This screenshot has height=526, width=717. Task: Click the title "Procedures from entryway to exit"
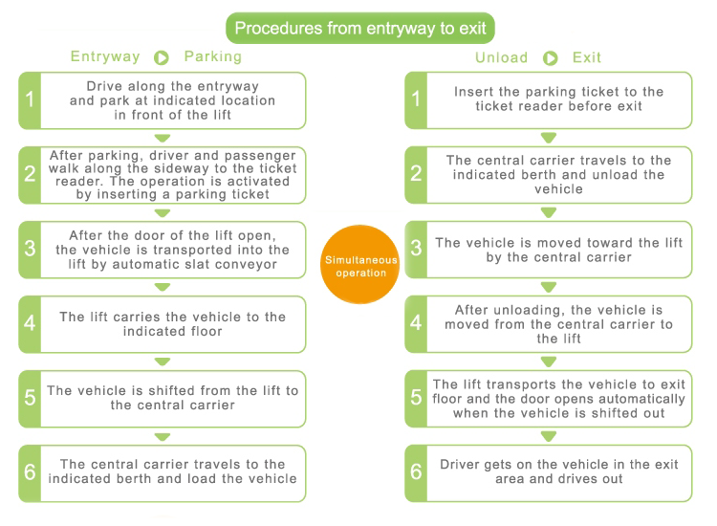360,29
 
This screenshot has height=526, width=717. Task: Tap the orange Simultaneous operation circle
359,264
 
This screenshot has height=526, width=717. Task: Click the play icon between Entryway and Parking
162,57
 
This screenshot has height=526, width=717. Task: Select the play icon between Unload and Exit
550,58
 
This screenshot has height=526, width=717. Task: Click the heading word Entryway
105,56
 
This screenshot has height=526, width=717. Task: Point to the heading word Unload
502,57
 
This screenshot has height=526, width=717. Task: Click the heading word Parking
213,56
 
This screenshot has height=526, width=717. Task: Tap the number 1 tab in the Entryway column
30,100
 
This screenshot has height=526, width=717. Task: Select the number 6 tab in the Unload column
416,473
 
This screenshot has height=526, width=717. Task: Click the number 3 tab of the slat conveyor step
30,250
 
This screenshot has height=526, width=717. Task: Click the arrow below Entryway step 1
163,138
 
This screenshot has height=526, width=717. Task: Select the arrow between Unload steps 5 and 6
549,436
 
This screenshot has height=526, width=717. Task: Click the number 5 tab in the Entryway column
30,399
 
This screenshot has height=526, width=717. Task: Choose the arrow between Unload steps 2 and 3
549,212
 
